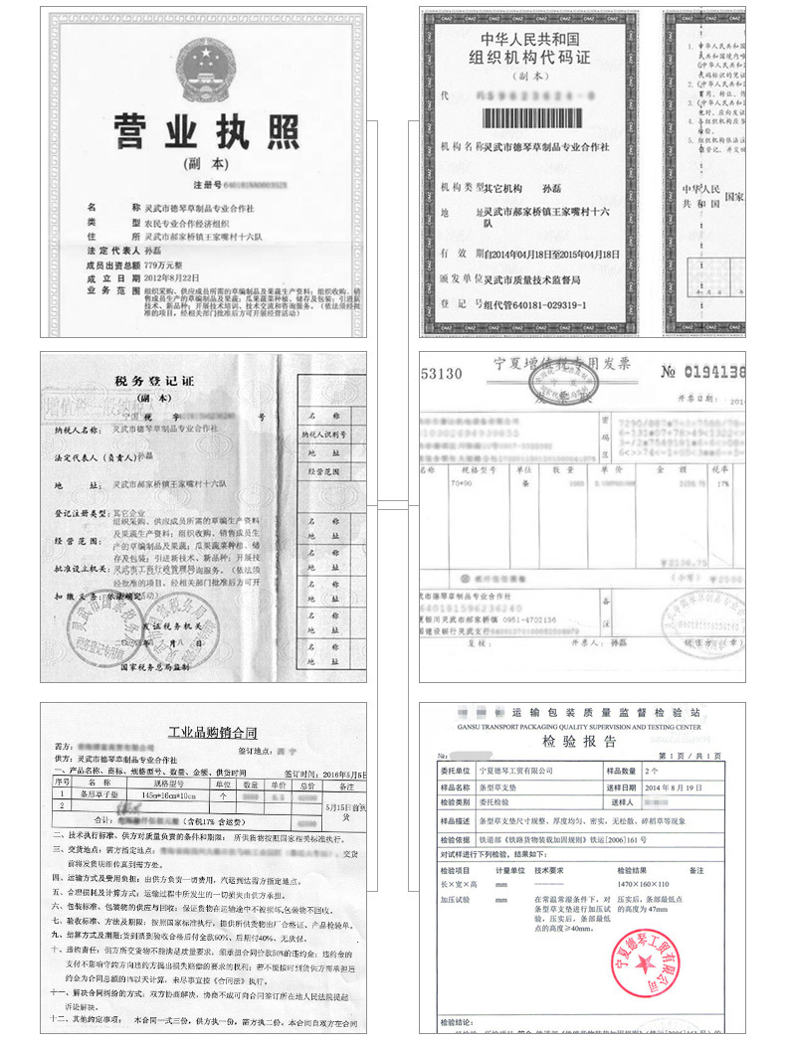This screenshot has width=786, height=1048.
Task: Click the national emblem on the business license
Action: pos(203,67)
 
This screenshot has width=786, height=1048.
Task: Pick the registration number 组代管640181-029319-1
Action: pos(534,304)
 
